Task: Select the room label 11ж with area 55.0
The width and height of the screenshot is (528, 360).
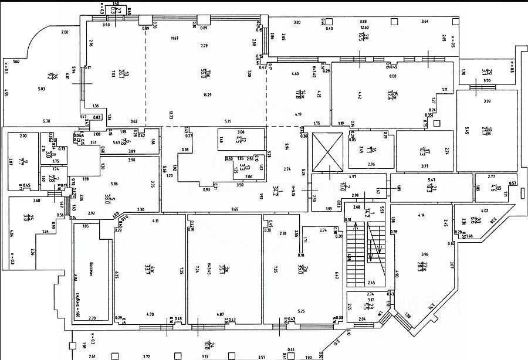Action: pyautogui.click(x=205, y=73)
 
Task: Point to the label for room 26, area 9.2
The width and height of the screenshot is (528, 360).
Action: pyautogui.click(x=52, y=75)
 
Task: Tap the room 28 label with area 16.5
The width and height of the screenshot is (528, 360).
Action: pyautogui.click(x=364, y=38)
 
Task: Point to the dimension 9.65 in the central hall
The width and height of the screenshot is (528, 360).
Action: pyautogui.click(x=235, y=209)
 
